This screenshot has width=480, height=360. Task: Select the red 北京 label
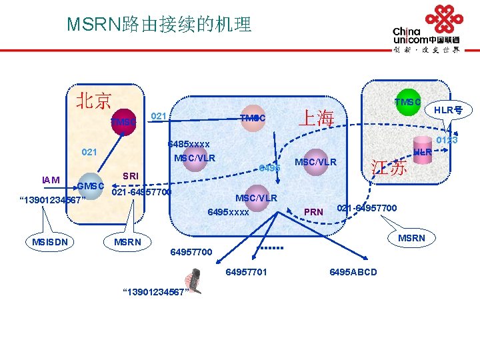coord(93,101)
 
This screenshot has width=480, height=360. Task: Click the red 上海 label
coord(315,118)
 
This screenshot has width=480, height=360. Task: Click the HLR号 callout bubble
coord(449,109)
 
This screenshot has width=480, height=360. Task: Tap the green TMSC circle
coord(406,102)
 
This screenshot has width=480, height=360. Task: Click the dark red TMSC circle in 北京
coord(123,122)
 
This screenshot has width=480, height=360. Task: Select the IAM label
coord(51,179)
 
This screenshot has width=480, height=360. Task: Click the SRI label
coord(131,175)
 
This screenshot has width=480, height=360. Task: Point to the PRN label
coord(313,212)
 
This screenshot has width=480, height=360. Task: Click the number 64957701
coord(246,272)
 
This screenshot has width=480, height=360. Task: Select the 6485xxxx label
coord(189,144)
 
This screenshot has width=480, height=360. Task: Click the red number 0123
coord(446,140)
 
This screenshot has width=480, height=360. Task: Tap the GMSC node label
coord(91,186)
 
